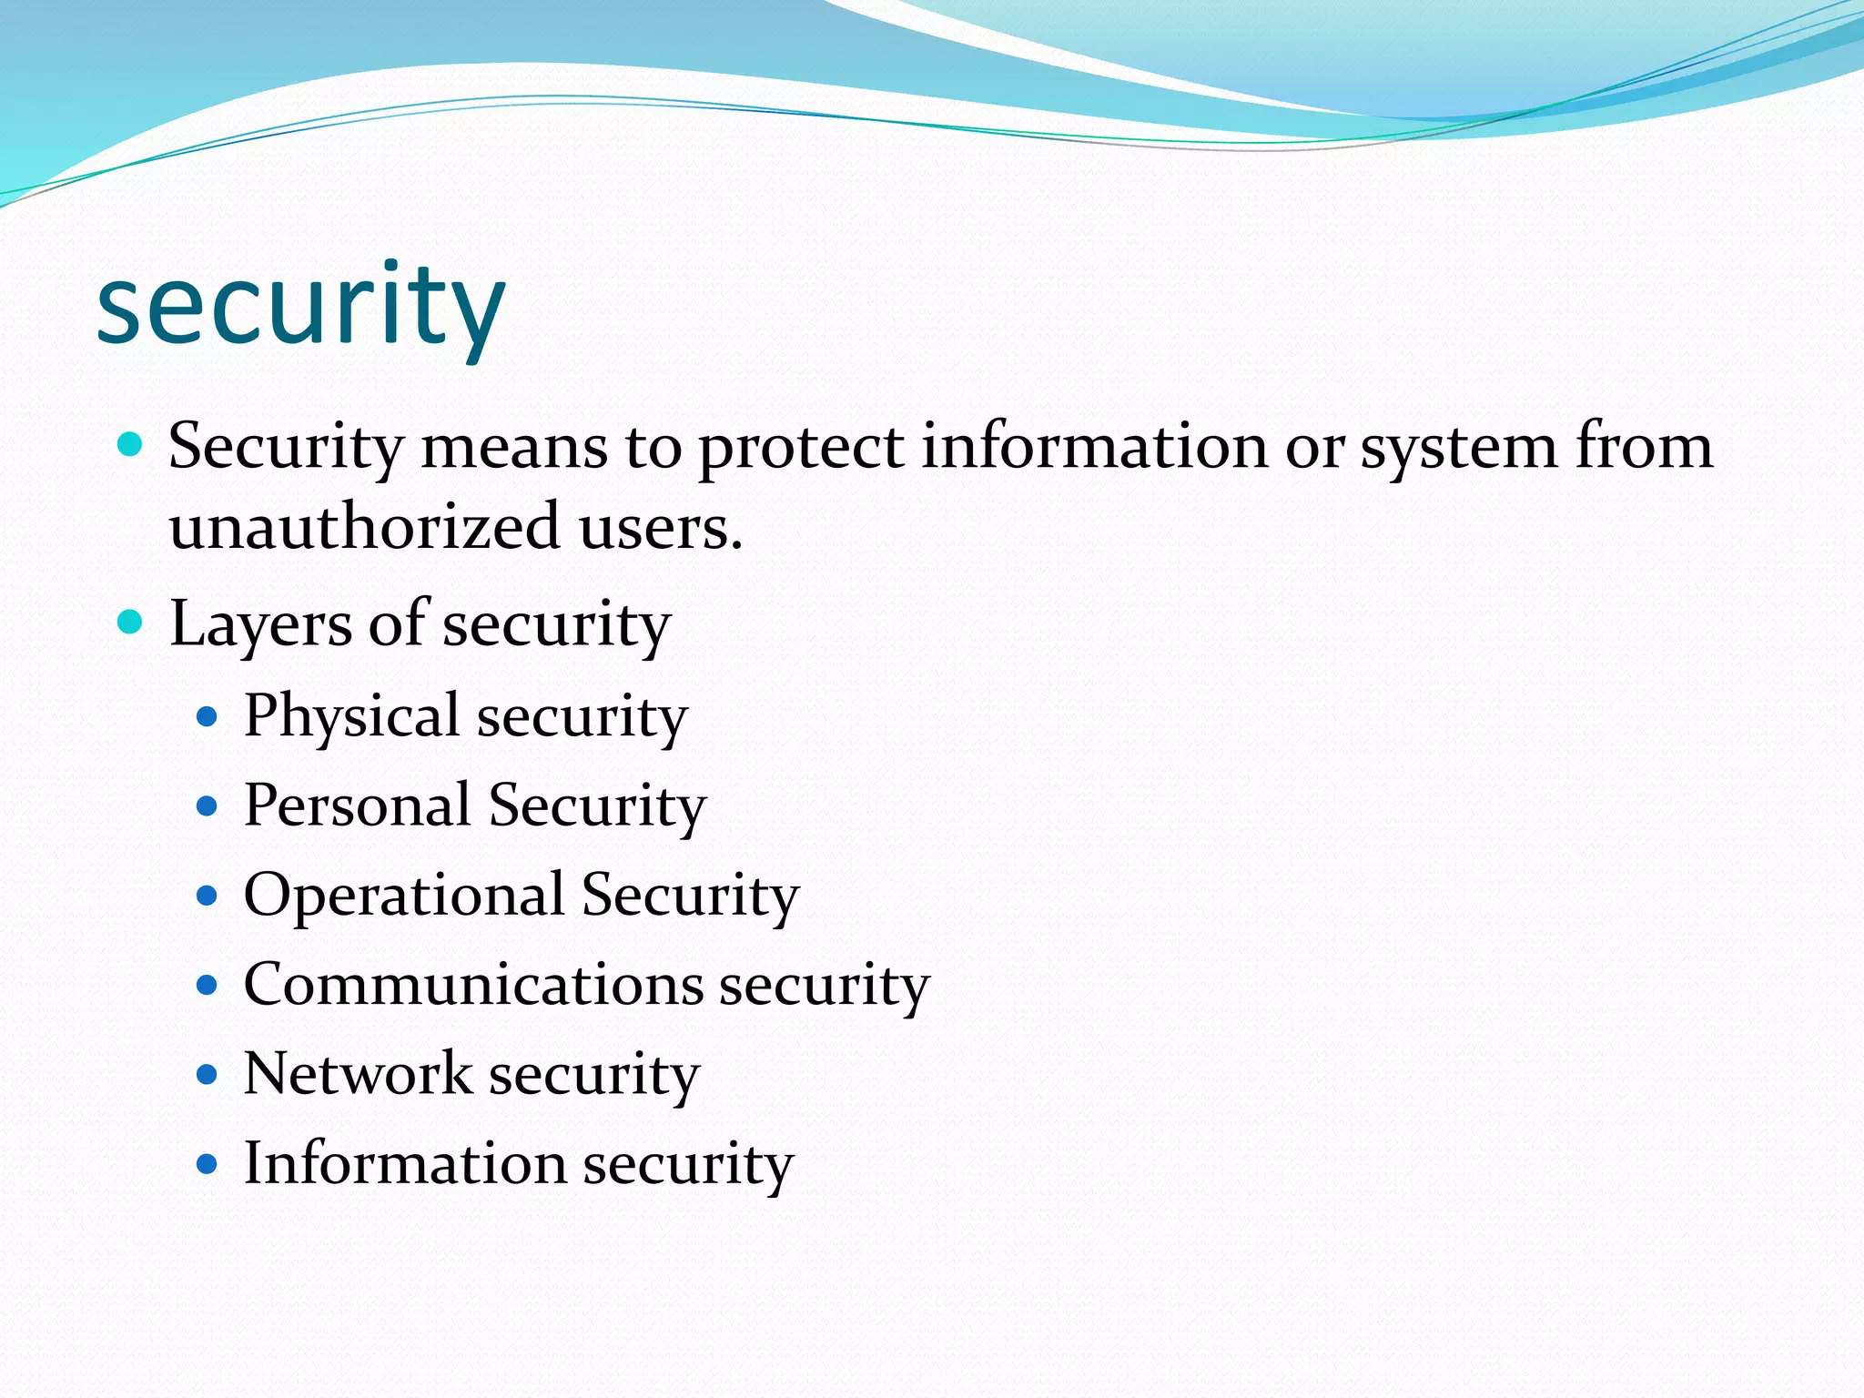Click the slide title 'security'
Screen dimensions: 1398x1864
[x=300, y=305]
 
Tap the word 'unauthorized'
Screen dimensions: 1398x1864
[x=364, y=527]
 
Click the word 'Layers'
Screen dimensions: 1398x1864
[x=260, y=625]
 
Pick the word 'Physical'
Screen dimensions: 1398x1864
[x=351, y=716]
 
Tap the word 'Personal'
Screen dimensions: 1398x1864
[x=358, y=805]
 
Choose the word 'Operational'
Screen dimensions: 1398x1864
[x=404, y=896]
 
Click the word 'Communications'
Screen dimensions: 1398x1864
[x=473, y=984]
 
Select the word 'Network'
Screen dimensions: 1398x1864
[x=358, y=1074]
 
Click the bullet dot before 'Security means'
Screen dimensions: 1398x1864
[x=131, y=445]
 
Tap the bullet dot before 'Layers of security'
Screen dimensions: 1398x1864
[x=131, y=623]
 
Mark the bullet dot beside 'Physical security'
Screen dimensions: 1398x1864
[x=208, y=717]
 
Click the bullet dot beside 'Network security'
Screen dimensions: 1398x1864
[x=208, y=1075]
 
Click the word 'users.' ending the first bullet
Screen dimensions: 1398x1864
[x=661, y=529]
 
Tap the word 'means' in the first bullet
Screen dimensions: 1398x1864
[x=514, y=449]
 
